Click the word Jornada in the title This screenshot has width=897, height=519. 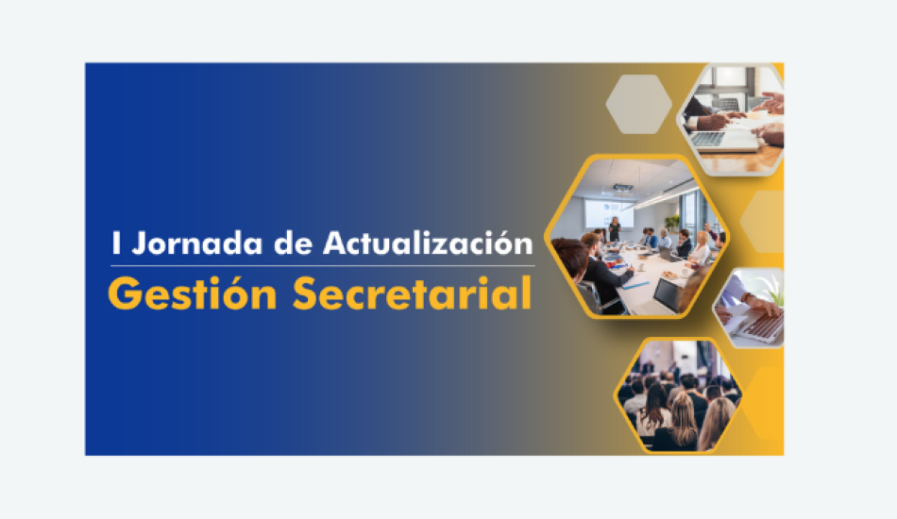pos(196,244)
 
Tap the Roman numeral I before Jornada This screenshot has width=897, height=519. pos(116,243)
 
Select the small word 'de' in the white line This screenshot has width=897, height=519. pos(293,243)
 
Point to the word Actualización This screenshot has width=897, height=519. pos(428,243)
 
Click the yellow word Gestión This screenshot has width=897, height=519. pos(193,293)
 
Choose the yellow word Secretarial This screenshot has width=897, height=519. pos(412,293)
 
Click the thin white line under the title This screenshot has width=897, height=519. pos(323,266)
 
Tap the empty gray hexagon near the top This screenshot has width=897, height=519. pos(638,104)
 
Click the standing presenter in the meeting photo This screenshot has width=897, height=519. pos(615,228)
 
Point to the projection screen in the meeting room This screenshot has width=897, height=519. pos(608,213)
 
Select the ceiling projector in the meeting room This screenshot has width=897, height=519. pos(623,188)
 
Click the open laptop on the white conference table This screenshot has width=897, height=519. pos(667,295)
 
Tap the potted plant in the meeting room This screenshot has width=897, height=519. pos(672,222)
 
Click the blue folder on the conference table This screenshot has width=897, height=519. pos(635,284)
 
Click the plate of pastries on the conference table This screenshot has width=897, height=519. pos(669,276)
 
